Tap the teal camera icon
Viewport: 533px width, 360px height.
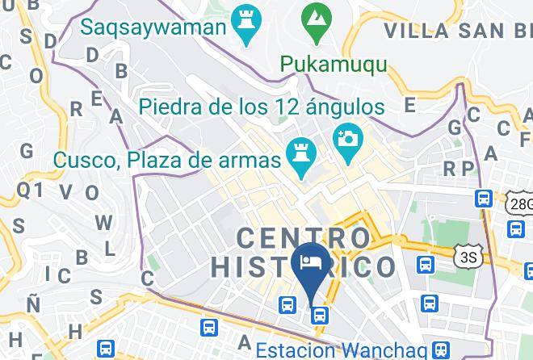pos(349,138)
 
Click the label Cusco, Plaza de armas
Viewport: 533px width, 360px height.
pos(166,159)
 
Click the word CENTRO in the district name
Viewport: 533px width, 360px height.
pos(304,238)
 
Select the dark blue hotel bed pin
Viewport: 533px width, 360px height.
pos(311,262)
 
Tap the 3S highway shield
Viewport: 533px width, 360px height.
pos(467,257)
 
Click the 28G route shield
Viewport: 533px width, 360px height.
pos(521,204)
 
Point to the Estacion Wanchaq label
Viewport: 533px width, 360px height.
pos(340,350)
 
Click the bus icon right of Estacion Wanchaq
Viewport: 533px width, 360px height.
pos(440,350)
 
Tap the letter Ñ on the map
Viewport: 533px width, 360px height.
pos(33,304)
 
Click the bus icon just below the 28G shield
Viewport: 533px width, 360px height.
pos(514,228)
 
